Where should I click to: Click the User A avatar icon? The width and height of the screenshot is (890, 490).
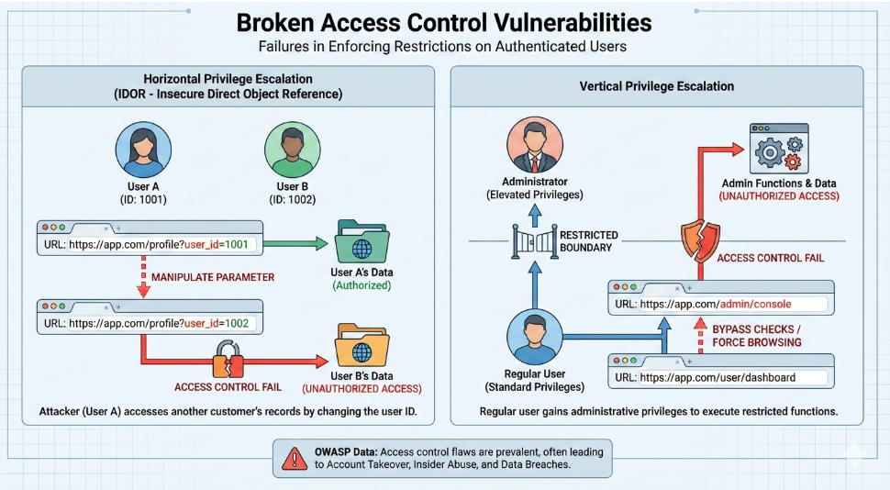pos(143,149)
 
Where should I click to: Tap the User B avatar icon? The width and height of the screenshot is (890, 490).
pos(292,149)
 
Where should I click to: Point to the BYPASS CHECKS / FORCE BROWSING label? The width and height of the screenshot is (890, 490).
pos(757,335)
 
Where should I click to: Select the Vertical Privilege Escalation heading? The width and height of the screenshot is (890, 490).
pos(656,86)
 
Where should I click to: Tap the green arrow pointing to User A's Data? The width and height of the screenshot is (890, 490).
pos(294,243)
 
